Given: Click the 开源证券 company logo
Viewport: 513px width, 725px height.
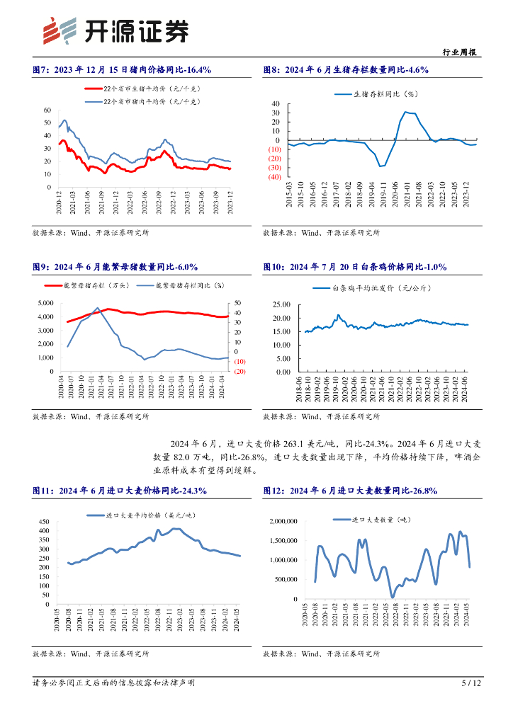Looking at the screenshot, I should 116,30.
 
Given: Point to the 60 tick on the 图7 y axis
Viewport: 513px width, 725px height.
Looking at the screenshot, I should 47,110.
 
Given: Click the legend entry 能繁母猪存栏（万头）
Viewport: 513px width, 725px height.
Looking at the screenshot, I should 93,286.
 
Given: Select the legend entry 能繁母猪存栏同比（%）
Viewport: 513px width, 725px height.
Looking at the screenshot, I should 184,286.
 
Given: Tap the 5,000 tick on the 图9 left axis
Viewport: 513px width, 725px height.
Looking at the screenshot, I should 45,303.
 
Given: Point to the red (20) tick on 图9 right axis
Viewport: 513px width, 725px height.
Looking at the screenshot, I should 239,371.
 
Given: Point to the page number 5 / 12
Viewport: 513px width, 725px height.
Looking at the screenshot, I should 471,683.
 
